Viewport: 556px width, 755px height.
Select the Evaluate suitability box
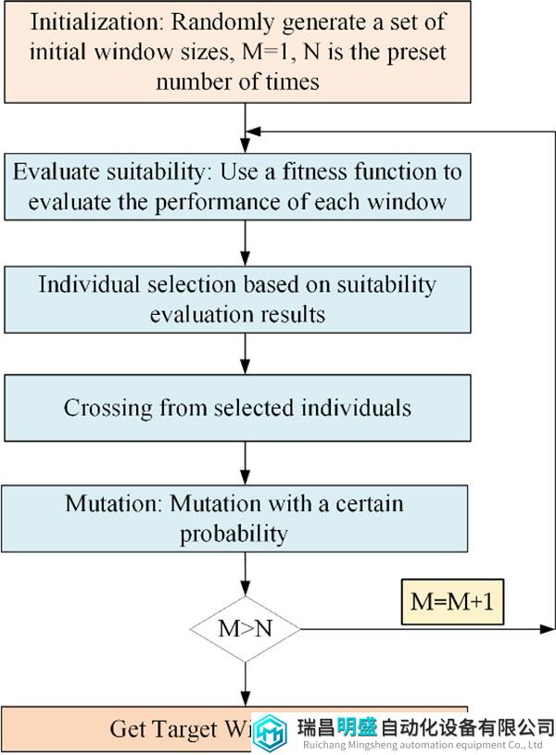tap(245, 186)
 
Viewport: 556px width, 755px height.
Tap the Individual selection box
tap(245, 298)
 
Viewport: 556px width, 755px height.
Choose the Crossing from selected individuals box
tap(245, 408)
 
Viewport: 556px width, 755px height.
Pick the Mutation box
tap(245, 519)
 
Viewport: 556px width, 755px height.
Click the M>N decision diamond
tap(246, 628)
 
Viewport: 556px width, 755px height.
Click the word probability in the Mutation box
tap(234, 534)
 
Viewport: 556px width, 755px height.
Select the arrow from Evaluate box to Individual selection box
tap(246, 242)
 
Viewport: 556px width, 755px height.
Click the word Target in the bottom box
tap(188, 729)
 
